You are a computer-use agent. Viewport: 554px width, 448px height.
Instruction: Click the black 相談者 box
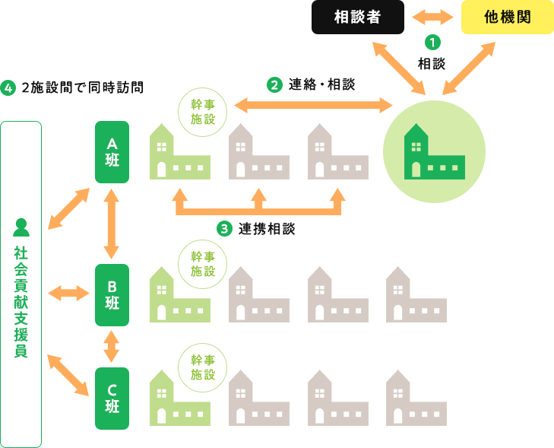coord(357,17)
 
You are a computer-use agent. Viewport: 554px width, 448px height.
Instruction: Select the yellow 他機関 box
coord(507,17)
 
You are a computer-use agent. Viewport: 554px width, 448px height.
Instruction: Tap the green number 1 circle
coord(432,43)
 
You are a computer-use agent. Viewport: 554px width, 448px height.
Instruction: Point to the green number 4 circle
coord(9,87)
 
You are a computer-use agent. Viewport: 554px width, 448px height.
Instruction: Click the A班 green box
coord(112,151)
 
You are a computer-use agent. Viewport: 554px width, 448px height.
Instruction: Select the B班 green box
coord(112,295)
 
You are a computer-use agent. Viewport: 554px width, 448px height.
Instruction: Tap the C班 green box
coord(112,398)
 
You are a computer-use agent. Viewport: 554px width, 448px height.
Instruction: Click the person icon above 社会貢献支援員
coord(21,227)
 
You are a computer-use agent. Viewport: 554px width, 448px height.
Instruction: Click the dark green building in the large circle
coord(433,151)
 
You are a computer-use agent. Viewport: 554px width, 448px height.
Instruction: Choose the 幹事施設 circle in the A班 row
coord(203,112)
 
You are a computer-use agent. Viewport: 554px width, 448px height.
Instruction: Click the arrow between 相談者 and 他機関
coord(432,17)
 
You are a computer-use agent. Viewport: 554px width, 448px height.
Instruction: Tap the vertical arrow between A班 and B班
coord(112,224)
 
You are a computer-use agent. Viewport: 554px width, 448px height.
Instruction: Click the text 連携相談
coord(266,228)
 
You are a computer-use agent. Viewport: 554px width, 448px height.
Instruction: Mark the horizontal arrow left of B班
coord(68,293)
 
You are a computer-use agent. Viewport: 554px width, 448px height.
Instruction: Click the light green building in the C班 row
coord(179,397)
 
